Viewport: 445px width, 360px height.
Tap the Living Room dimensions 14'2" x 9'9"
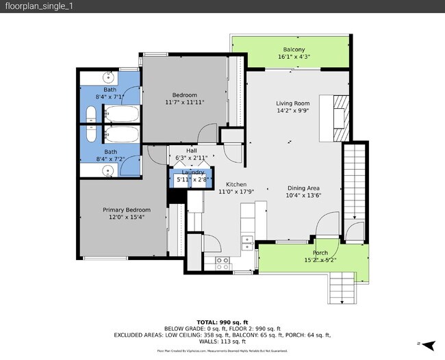click(293, 111)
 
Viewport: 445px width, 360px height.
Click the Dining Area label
click(303, 188)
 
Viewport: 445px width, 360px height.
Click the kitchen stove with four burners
click(222, 261)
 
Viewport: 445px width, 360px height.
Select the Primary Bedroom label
click(127, 209)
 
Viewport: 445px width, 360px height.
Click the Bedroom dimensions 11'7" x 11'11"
click(184, 103)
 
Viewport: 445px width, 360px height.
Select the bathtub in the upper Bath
click(121, 114)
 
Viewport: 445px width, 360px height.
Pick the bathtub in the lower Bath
click(121, 133)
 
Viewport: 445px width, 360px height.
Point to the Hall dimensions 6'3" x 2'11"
click(191, 157)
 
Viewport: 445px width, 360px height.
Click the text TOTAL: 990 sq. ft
click(222, 321)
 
